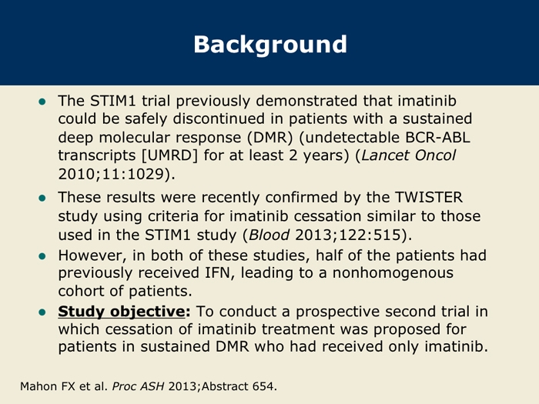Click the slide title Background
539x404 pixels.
(270, 45)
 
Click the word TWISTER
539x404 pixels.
(429, 198)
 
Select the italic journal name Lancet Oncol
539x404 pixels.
(408, 155)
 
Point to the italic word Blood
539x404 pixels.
(269, 235)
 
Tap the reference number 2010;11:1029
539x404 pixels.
(111, 174)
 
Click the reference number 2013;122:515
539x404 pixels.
(348, 235)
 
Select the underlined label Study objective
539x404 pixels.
(122, 312)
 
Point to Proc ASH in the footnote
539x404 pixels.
(138, 386)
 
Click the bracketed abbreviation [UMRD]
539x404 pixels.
(170, 155)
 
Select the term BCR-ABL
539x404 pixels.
(437, 138)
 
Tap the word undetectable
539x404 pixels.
(350, 138)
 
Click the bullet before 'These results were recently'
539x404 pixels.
(42, 199)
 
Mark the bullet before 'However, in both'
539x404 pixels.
(42, 256)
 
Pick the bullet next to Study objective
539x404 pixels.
(42, 312)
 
